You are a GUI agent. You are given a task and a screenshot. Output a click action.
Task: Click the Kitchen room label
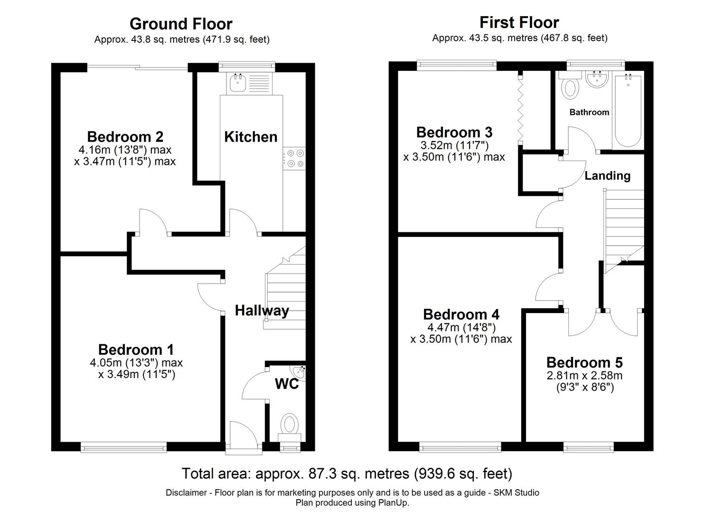(x=251, y=137)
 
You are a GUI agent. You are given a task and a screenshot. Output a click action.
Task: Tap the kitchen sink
(x=237, y=83)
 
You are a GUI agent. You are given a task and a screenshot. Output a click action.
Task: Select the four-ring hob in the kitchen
(x=294, y=158)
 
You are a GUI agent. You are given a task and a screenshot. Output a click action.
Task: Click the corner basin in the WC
(x=299, y=373)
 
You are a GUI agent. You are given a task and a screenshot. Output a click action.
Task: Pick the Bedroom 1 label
(x=136, y=350)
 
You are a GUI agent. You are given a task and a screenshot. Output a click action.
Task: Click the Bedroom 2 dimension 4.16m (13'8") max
(x=125, y=150)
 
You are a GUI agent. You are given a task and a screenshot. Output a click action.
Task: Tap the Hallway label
(x=262, y=311)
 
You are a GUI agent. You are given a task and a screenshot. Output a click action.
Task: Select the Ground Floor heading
(x=181, y=24)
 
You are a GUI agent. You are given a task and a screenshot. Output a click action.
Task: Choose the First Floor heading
(x=519, y=22)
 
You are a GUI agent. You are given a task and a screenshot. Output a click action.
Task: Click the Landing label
(x=607, y=176)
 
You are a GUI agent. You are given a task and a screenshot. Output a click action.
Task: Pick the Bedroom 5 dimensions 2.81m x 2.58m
(x=584, y=376)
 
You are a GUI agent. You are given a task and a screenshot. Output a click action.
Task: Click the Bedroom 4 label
(x=461, y=314)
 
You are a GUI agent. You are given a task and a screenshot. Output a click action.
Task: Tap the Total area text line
(x=347, y=474)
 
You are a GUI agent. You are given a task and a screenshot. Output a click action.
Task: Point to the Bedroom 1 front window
(x=123, y=446)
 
